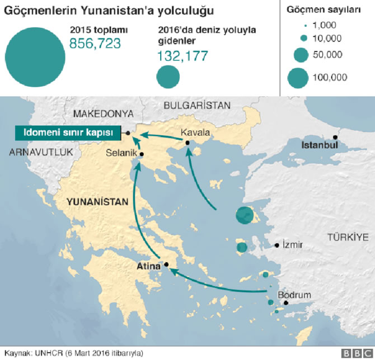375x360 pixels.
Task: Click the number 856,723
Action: coord(95,44)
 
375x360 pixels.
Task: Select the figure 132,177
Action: coord(182,55)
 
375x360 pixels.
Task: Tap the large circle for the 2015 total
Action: coord(35,54)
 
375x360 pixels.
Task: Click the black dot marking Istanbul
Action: coord(335,137)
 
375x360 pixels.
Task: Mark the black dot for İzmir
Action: coord(277,245)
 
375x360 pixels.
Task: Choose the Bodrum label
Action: coord(294,295)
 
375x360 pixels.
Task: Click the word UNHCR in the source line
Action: coord(49,353)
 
